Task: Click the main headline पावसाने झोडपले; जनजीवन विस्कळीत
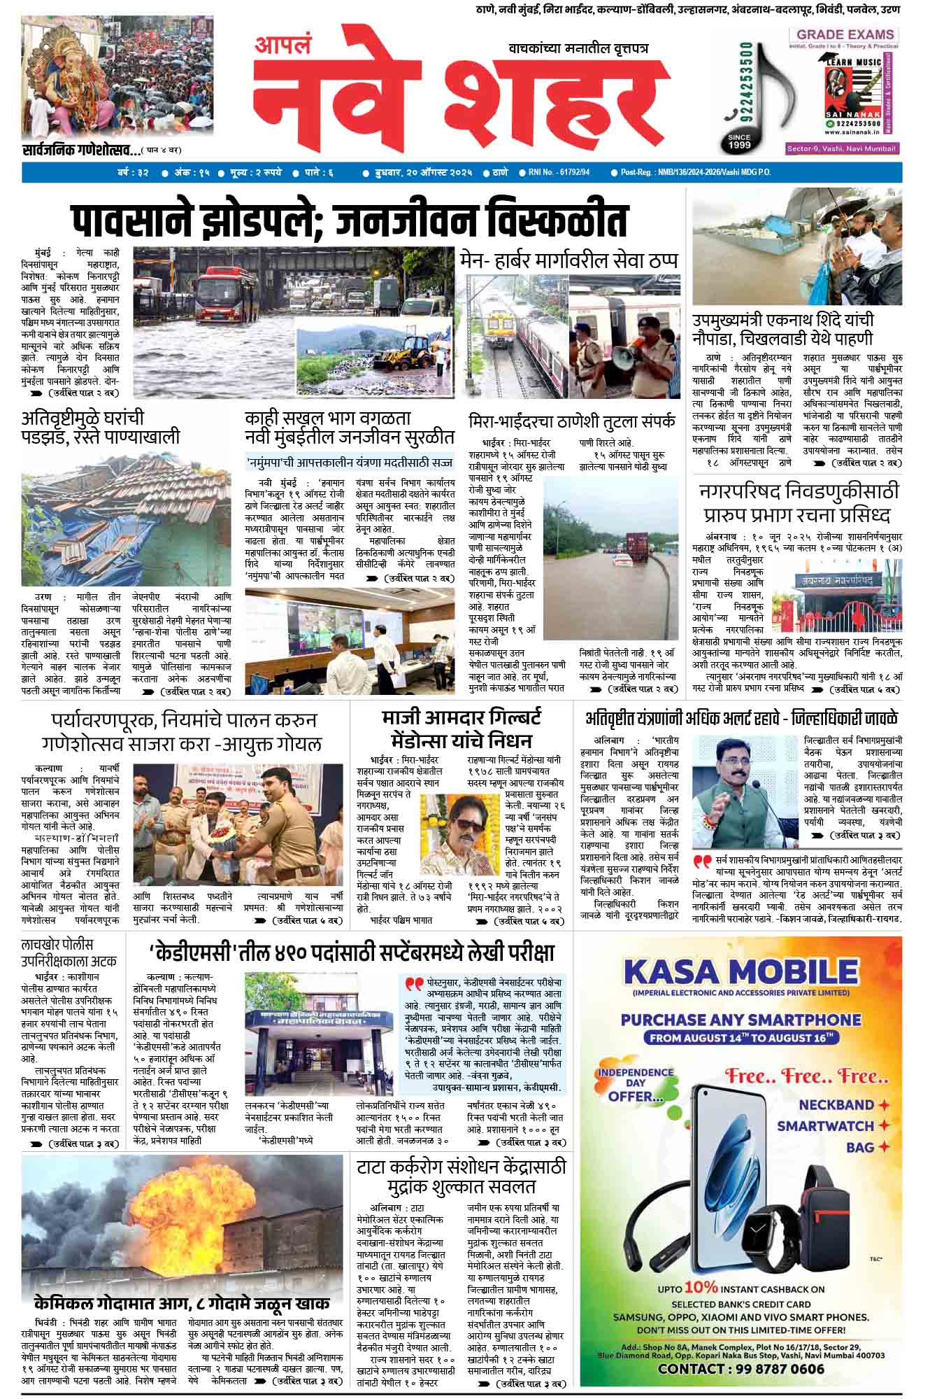click(x=350, y=220)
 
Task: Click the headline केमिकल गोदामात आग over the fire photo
click(x=182, y=1304)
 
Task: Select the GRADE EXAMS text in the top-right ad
click(x=845, y=34)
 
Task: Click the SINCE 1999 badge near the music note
click(x=739, y=141)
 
